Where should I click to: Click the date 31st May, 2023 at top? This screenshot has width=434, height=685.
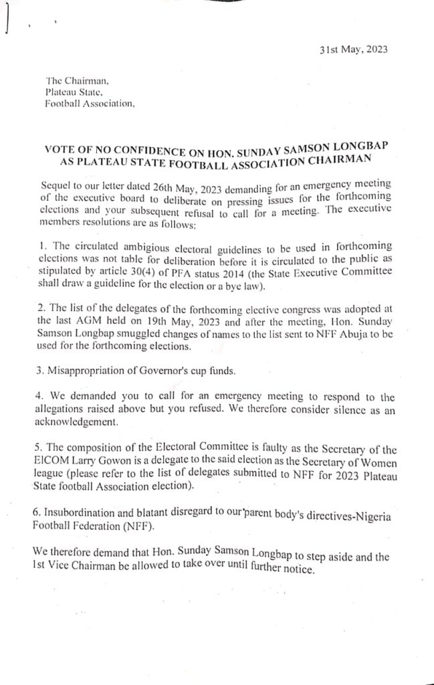pos(354,50)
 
